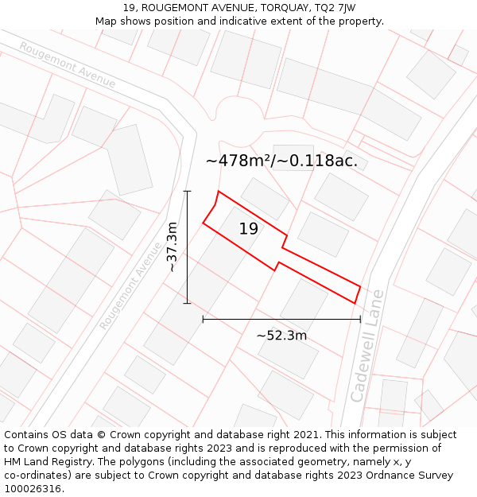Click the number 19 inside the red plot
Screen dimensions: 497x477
tap(249, 229)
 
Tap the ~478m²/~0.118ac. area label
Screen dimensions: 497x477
tap(281, 161)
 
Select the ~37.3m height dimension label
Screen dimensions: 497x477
tap(172, 247)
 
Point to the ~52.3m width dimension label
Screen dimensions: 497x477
tap(281, 336)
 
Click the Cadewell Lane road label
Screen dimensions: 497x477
tap(367, 345)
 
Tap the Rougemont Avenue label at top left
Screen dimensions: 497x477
tap(68, 64)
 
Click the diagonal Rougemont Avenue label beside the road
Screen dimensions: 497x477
tap(130, 285)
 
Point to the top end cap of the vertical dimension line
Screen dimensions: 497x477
tap(188, 191)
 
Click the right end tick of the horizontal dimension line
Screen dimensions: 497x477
tap(361, 319)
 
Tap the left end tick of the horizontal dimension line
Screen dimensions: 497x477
tap(204, 319)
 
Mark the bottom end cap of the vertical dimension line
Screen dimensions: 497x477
tap(188, 303)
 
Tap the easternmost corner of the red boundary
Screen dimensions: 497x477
tap(361, 286)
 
